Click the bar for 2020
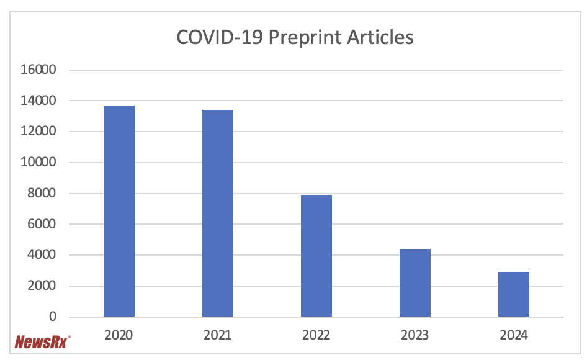(119, 211)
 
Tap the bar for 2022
(316, 256)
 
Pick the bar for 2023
(415, 282)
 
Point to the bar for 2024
(514, 294)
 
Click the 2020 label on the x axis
(119, 335)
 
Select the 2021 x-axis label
(217, 335)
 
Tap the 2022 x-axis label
(316, 335)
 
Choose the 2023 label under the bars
(414, 335)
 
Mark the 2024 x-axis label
(513, 335)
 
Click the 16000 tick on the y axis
(39, 70)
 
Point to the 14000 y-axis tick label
(39, 101)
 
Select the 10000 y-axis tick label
(39, 163)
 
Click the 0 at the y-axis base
(52, 317)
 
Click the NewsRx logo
(42, 341)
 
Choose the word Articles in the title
(379, 37)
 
